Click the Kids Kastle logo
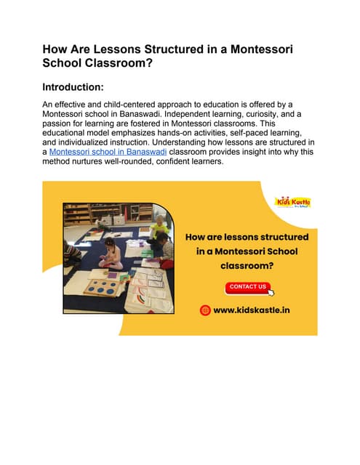292,201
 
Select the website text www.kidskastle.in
252,310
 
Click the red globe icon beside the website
206,310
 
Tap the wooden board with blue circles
103,286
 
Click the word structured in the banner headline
279,237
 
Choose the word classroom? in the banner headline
247,266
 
